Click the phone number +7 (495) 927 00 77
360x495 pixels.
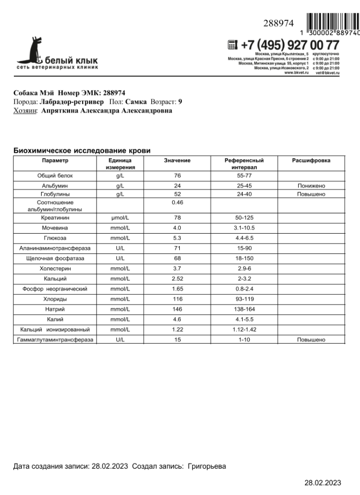click(290, 45)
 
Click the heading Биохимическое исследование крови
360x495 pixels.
click(82, 150)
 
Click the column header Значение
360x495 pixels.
click(177, 161)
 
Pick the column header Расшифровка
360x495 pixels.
click(311, 161)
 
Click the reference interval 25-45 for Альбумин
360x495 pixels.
click(244, 186)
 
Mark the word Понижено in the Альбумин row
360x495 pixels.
click(311, 186)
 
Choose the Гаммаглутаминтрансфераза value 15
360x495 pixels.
click(177, 340)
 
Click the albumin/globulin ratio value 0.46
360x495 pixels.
click(177, 203)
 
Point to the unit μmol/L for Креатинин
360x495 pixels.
click(120, 217)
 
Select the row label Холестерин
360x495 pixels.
click(55, 269)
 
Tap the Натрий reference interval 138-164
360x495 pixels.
click(244, 308)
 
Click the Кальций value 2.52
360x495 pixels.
click(177, 279)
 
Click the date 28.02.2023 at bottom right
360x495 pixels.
click(323, 483)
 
